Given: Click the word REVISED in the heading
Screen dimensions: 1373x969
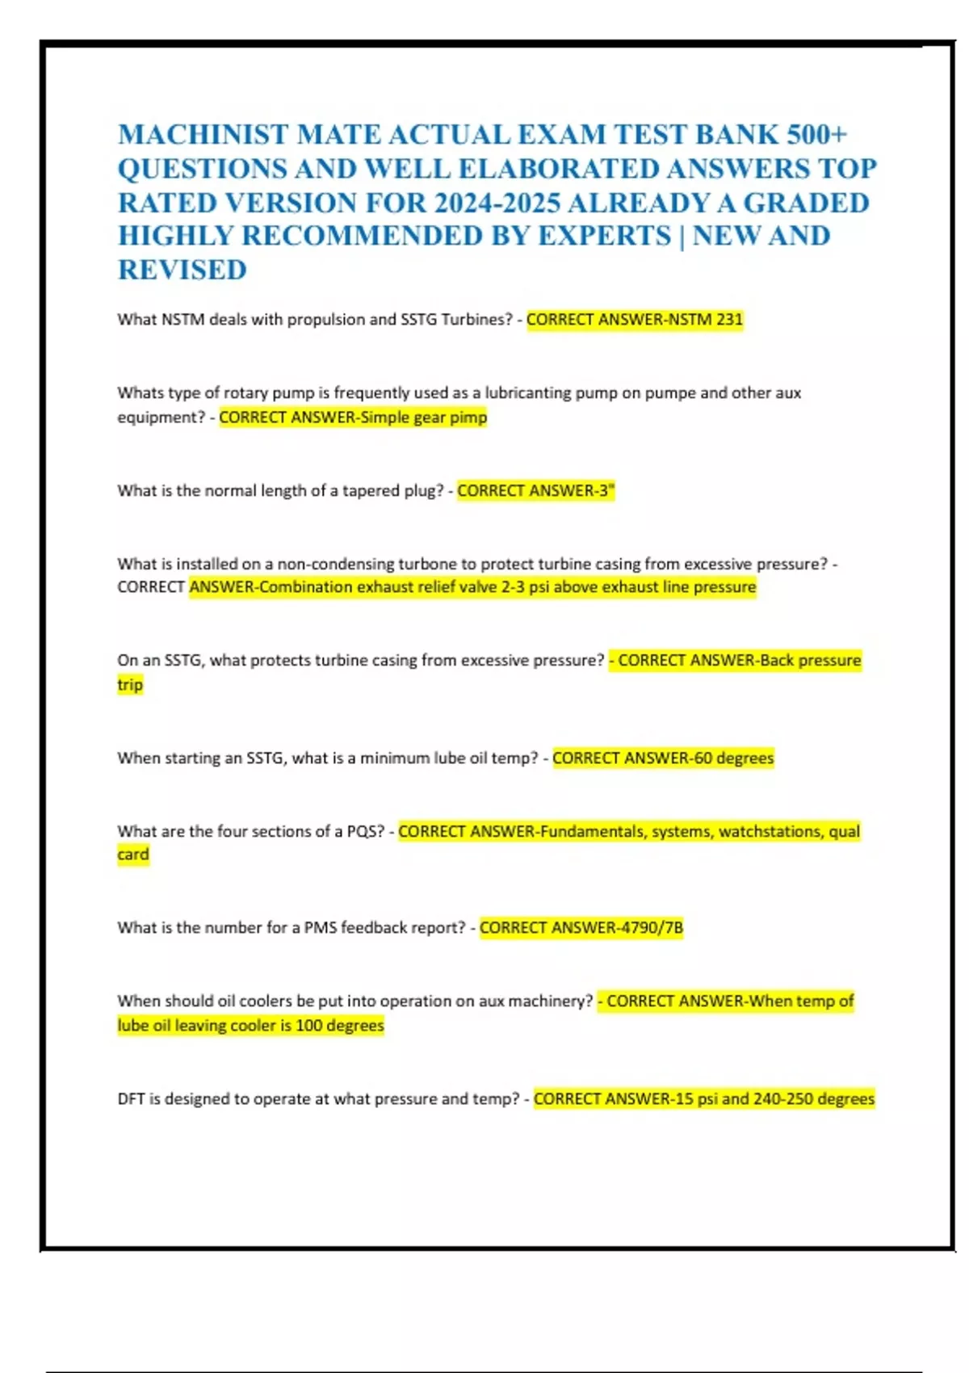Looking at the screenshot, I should (182, 270).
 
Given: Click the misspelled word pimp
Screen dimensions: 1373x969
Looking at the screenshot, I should (468, 418).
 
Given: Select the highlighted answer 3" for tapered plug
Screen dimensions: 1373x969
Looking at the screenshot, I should (606, 491).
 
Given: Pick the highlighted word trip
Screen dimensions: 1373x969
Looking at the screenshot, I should (130, 685).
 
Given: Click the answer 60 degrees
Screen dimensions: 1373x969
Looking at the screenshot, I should (734, 758).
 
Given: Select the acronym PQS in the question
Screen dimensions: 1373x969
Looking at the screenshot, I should (365, 831).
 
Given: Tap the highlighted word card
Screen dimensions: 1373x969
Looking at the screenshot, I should (133, 854).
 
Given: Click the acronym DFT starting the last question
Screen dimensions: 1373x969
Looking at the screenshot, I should (131, 1099).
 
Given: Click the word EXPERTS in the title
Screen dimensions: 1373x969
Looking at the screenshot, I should (605, 236).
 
